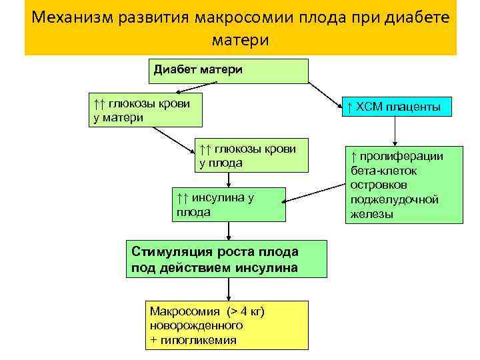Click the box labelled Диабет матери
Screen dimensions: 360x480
click(229, 70)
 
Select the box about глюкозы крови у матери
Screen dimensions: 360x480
click(147, 110)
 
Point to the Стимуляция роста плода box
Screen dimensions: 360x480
click(228, 259)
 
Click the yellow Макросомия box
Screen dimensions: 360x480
click(229, 325)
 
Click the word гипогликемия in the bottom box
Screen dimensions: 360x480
click(198, 340)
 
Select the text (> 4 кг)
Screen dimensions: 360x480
click(245, 311)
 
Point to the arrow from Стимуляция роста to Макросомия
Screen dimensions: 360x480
click(229, 289)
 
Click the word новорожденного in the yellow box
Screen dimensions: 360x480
click(196, 326)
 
